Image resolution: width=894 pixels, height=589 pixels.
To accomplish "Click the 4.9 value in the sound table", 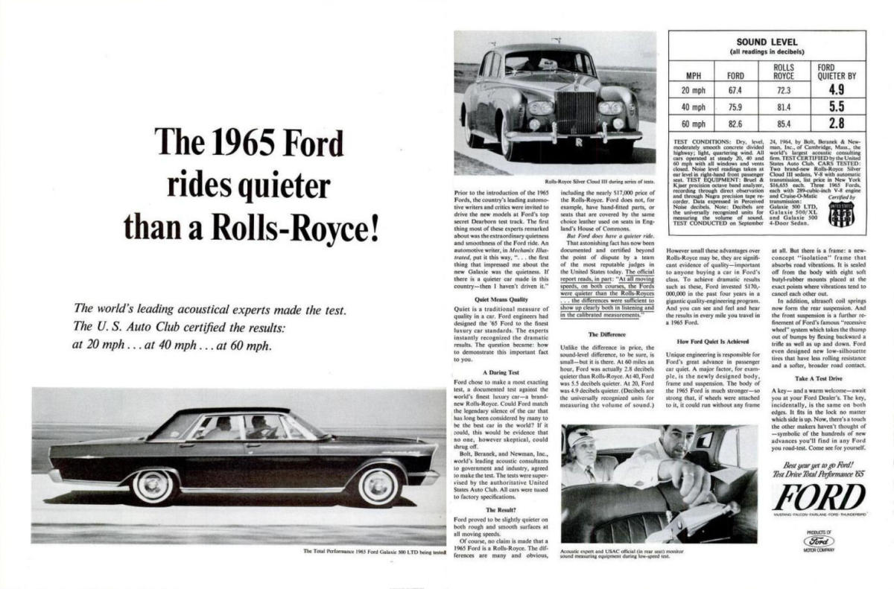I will point(836,89).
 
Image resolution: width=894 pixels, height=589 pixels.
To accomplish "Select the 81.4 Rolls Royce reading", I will point(783,106).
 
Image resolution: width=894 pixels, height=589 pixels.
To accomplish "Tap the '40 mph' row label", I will point(693,106).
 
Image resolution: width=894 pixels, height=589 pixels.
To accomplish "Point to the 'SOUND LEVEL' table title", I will point(767,42).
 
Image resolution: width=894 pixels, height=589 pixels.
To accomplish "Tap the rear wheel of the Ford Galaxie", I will point(155,485).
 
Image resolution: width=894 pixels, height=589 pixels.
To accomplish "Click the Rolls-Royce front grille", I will point(577,112).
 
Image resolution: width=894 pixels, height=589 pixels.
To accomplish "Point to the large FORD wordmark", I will point(819,497).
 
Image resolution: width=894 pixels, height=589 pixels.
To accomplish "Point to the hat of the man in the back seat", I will point(579,438).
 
